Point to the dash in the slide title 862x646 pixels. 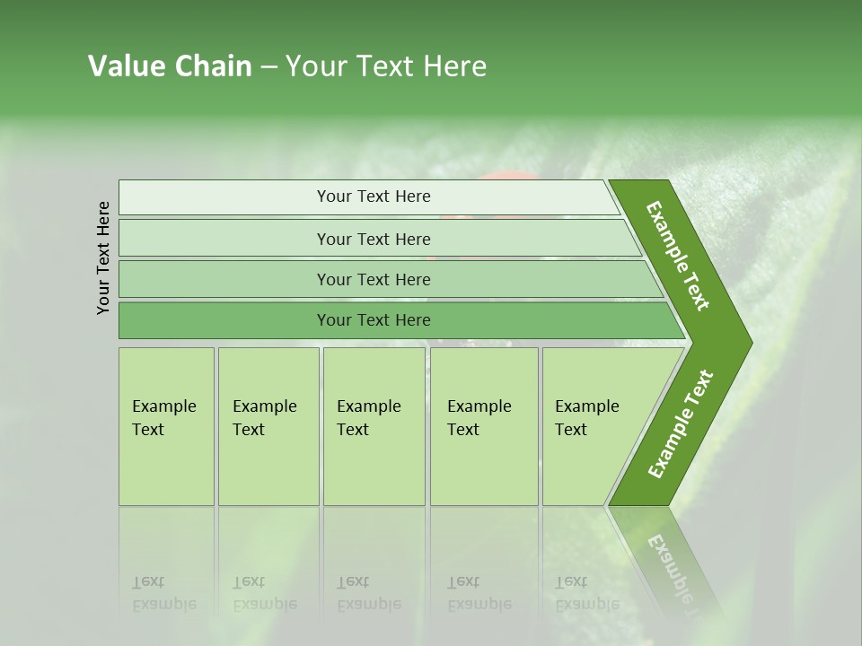(x=268, y=67)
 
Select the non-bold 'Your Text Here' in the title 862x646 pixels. (x=385, y=66)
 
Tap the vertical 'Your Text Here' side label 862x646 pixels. (x=103, y=258)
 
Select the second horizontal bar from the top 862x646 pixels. (x=374, y=239)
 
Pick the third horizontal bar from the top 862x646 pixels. (x=374, y=279)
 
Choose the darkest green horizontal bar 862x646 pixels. (x=374, y=320)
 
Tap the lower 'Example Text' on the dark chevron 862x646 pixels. (x=681, y=424)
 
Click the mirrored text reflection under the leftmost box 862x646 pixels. (x=164, y=593)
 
